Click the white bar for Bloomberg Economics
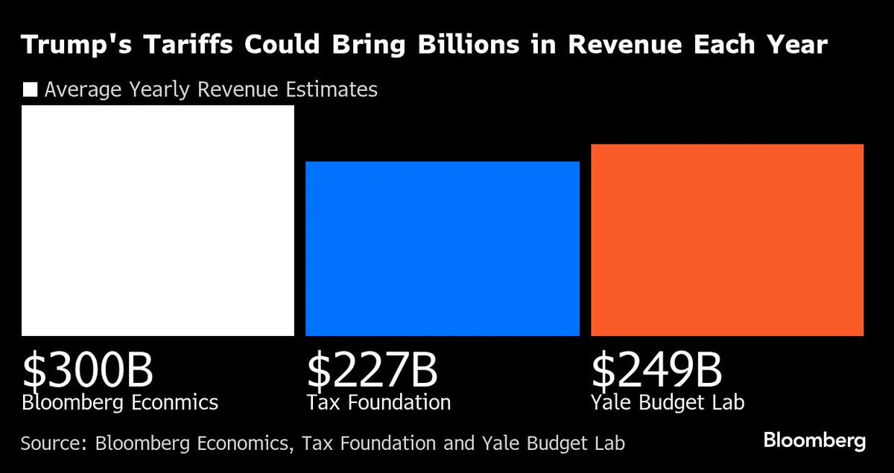[x=158, y=220]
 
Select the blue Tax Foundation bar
[x=443, y=249]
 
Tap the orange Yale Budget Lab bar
[x=727, y=240]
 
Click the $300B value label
[x=88, y=370]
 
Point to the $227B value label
[x=372, y=370]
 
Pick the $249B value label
[x=657, y=370]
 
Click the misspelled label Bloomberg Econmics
[x=120, y=403]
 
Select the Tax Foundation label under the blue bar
[x=378, y=403]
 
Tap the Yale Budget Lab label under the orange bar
[x=668, y=403]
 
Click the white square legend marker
[x=31, y=90]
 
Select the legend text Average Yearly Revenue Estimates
[x=210, y=90]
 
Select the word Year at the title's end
[x=799, y=45]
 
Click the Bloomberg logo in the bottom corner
[x=814, y=441]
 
